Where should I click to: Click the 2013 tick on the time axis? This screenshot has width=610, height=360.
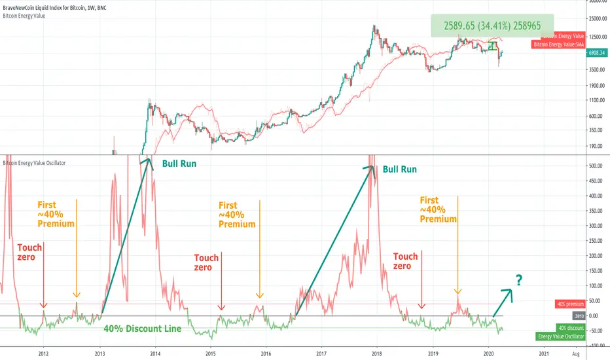tap(99, 353)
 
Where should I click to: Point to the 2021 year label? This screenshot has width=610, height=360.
tap(543, 353)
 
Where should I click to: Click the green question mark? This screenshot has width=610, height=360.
tap(518, 280)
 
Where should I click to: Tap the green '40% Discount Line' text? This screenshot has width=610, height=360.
tap(142, 329)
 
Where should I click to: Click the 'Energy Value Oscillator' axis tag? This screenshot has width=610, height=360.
tap(560, 336)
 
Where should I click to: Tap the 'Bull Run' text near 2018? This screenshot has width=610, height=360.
tap(399, 169)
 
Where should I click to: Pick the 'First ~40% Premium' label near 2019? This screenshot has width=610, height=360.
tap(438, 209)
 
